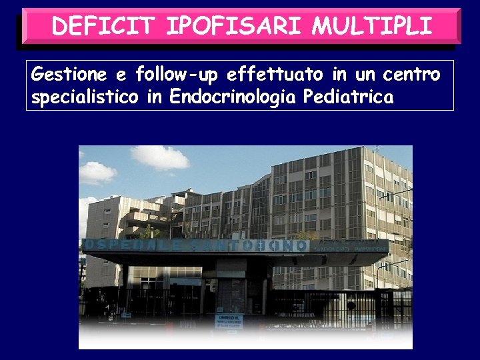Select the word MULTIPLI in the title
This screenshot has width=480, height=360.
tap(371, 27)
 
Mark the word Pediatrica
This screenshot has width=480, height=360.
tap(348, 97)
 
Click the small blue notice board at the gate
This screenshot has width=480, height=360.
tap(229, 321)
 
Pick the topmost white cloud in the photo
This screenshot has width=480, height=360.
tap(160, 157)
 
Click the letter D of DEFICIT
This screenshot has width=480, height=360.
tap(60, 27)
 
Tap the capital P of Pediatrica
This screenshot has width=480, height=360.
tap(308, 97)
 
